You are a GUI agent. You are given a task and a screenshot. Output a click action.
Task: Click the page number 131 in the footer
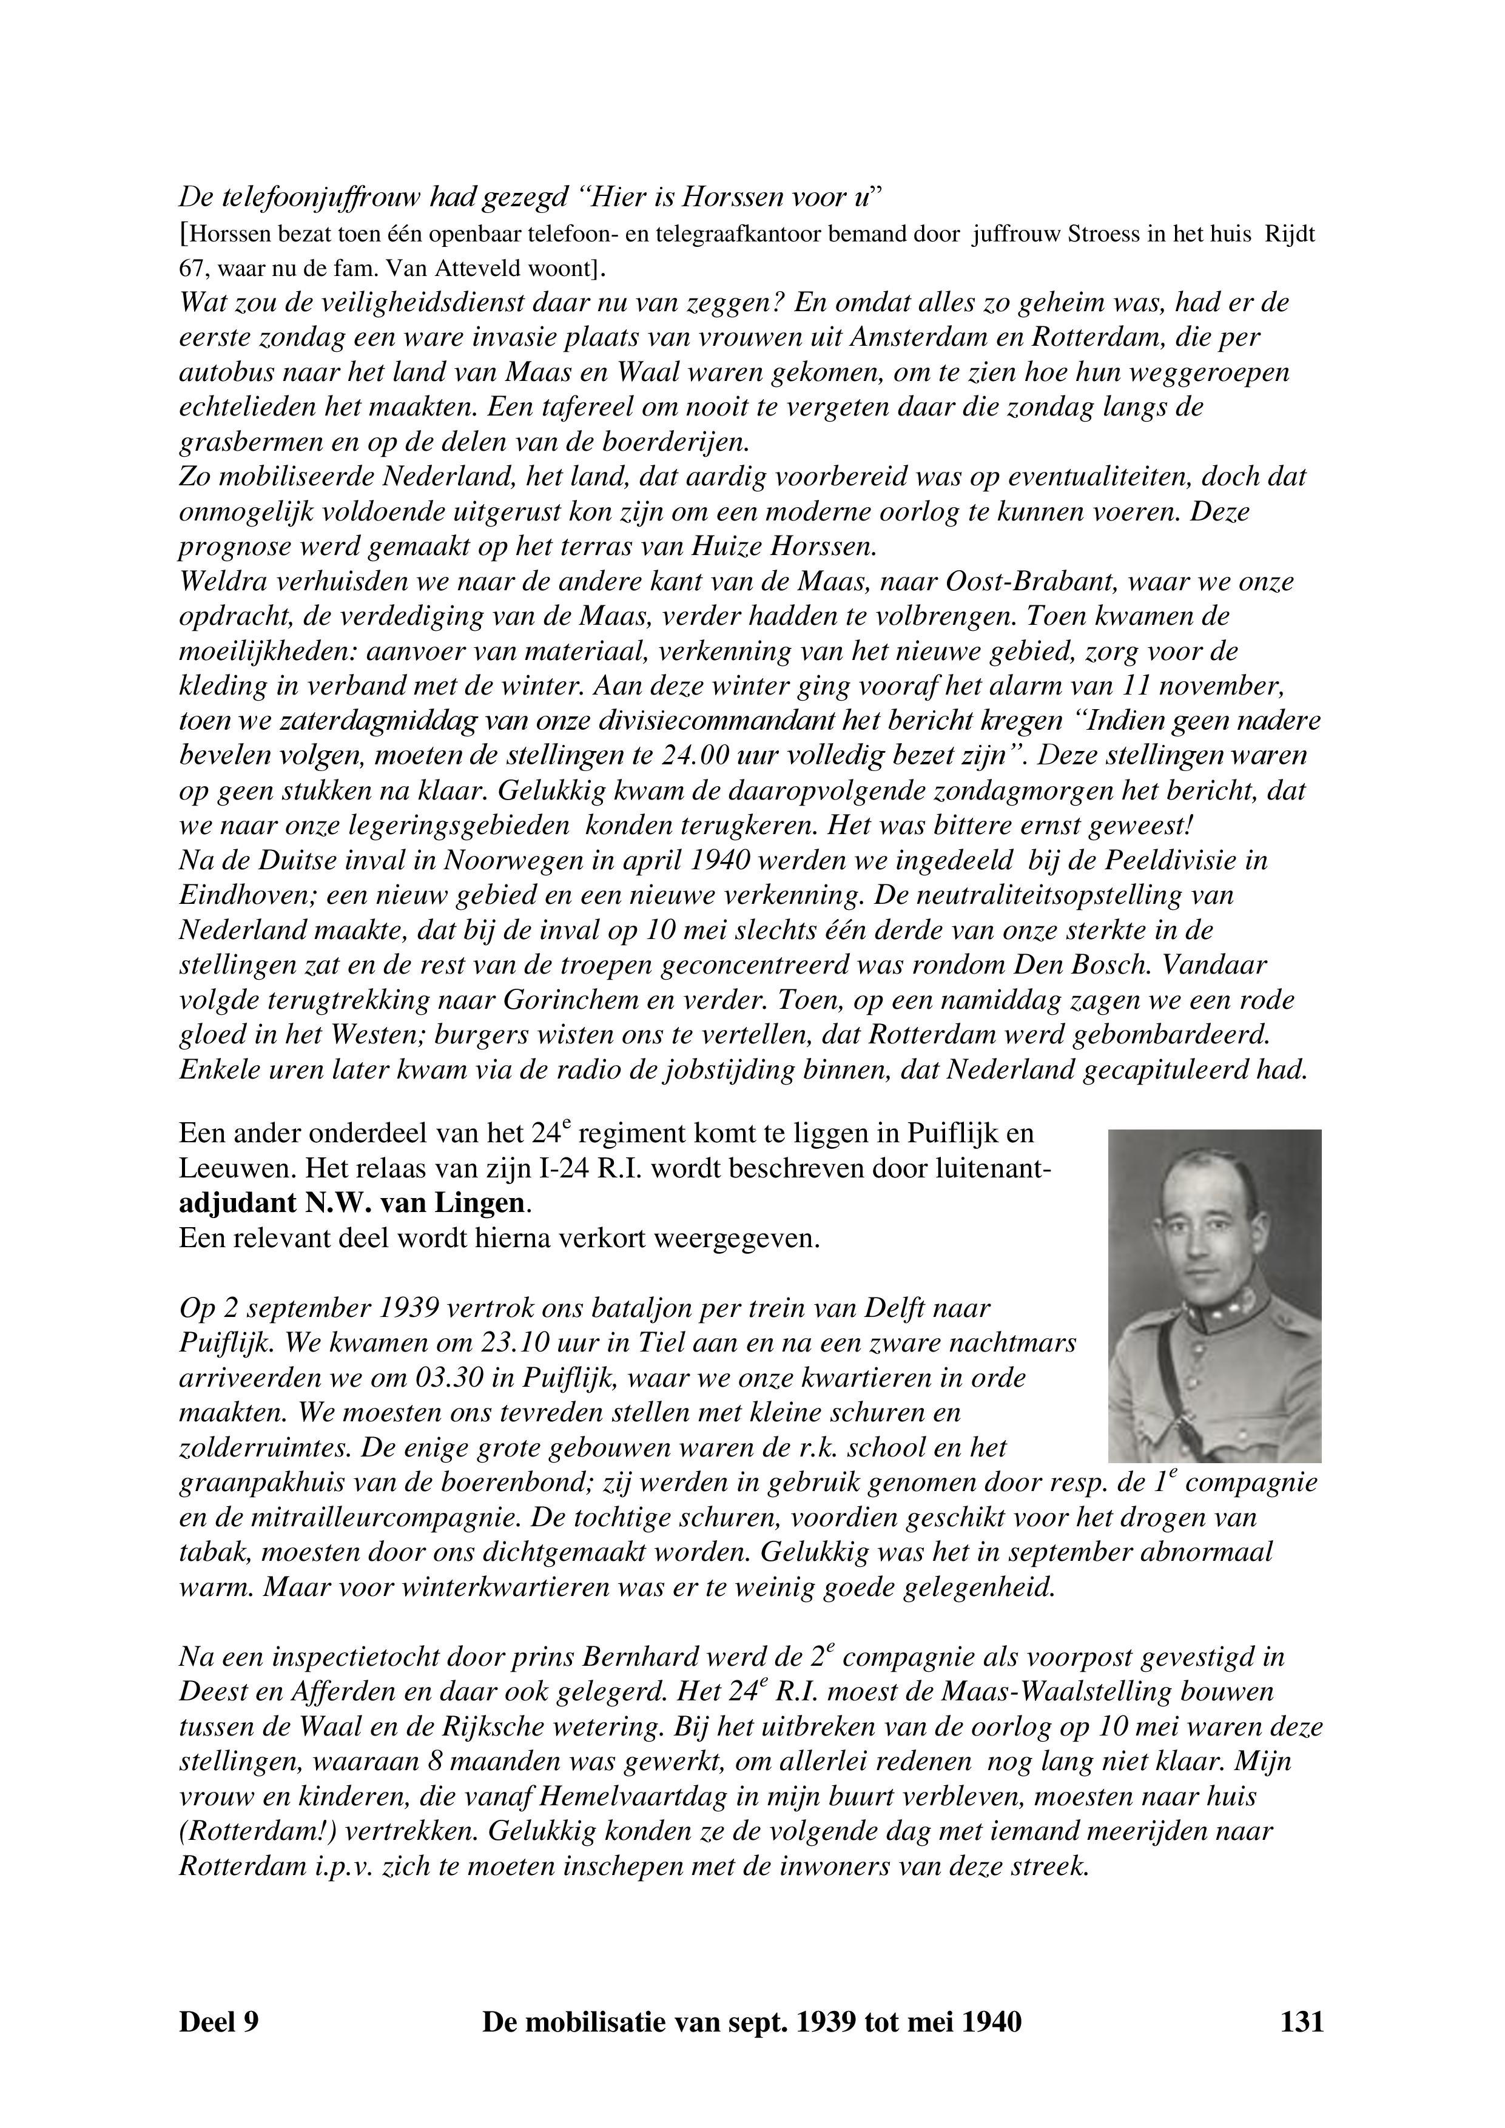click(x=1301, y=2047)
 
